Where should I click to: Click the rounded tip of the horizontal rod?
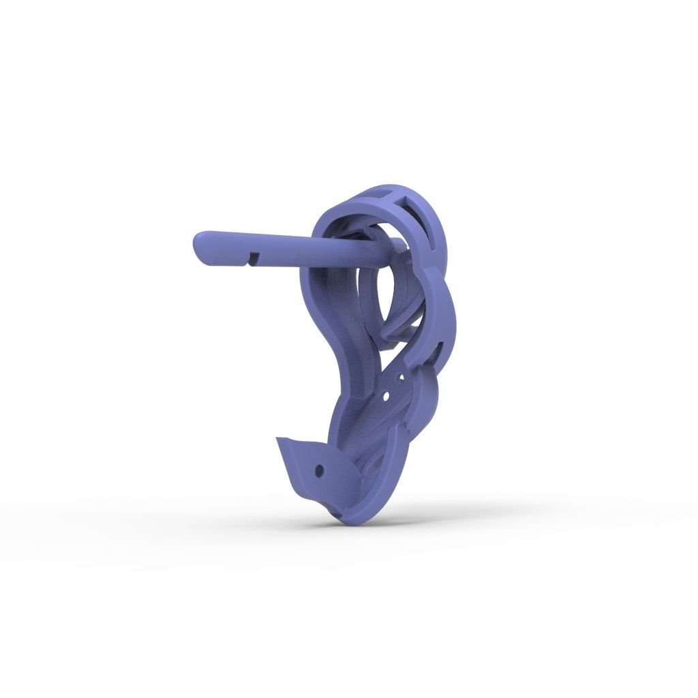[x=200, y=245]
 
